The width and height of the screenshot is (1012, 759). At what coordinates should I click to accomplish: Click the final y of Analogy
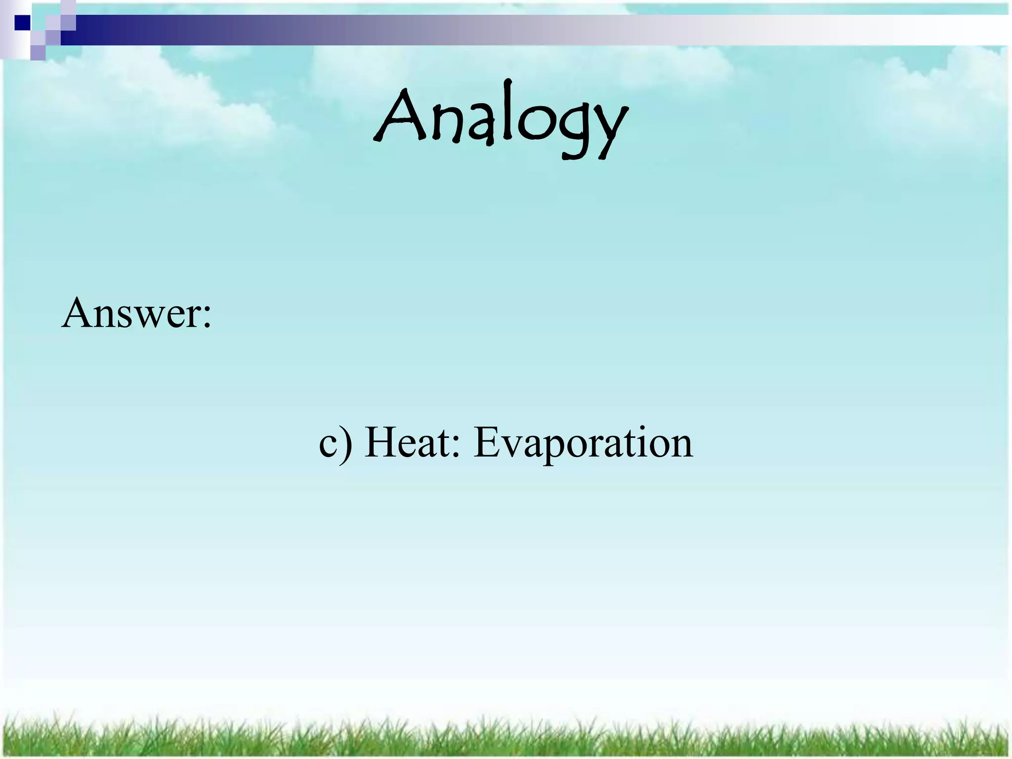pos(609,129)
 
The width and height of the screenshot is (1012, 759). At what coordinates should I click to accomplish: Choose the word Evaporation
pos(583,443)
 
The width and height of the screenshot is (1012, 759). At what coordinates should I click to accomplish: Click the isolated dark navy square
pos(22,23)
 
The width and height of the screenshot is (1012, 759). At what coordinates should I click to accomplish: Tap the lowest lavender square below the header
pos(38,52)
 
